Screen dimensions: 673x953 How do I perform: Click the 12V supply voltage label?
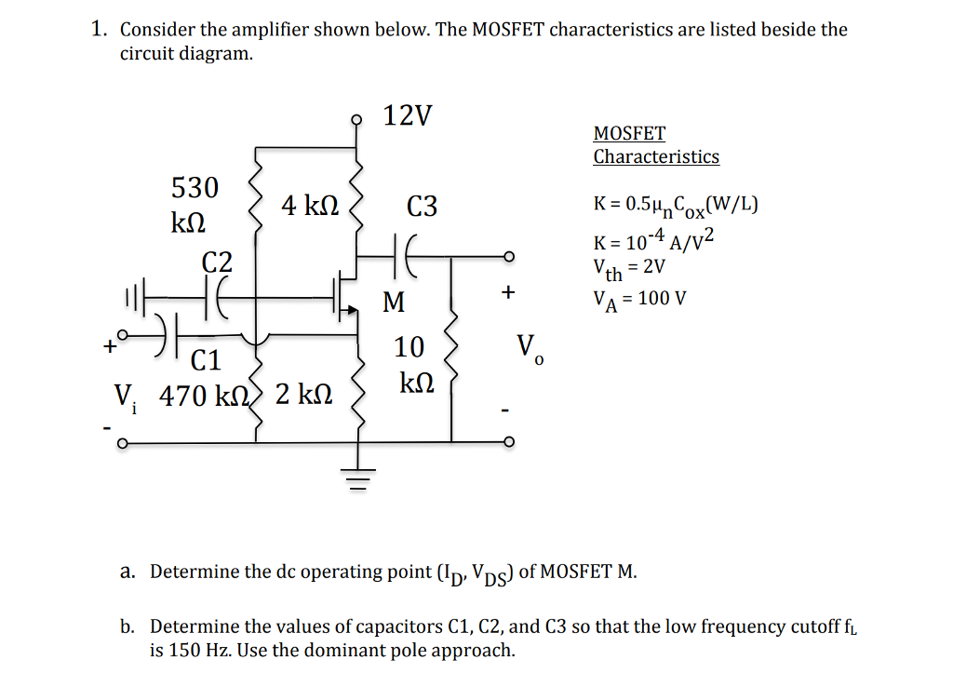[408, 116]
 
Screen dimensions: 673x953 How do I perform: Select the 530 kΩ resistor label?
[195, 205]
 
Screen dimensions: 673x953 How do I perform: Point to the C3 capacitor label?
[422, 207]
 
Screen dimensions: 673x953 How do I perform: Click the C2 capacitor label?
[218, 262]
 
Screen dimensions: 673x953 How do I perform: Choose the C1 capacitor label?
[206, 359]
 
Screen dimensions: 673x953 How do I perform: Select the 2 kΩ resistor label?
[302, 396]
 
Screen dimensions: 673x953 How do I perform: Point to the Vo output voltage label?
[527, 349]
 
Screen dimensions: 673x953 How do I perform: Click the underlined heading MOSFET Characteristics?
[656, 145]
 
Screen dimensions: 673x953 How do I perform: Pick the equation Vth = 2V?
[628, 269]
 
